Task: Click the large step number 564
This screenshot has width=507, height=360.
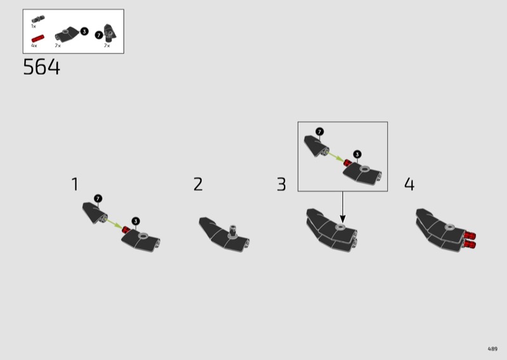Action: pos(41,67)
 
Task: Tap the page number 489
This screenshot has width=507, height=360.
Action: pos(492,349)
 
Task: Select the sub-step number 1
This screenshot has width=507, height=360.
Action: pos(75,184)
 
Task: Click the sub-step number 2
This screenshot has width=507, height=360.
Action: pos(198,184)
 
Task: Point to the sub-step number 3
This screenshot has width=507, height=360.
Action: pos(281,184)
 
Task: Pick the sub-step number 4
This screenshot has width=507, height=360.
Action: pos(409,184)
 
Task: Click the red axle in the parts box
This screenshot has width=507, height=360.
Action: pos(38,39)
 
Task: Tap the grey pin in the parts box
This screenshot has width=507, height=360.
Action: pos(38,19)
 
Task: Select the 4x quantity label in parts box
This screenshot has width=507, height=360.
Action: pos(34,46)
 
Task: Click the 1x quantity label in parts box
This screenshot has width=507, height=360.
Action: pos(34,26)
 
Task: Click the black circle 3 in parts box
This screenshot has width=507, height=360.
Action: pos(84,32)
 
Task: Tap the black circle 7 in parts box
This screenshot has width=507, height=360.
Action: pos(99,35)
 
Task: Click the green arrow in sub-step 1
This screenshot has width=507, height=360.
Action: pos(114,224)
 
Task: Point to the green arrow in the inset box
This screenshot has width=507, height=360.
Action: pos(336,157)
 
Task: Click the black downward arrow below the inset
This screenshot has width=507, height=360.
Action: pos(343,207)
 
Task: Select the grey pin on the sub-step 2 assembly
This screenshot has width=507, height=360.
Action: pos(233,231)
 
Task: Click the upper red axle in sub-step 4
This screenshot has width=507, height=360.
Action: pos(470,235)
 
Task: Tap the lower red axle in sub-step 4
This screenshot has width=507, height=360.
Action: pos(470,244)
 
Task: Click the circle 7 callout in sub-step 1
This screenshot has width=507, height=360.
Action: pos(98,198)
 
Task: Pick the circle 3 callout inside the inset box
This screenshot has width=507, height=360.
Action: pos(357,154)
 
